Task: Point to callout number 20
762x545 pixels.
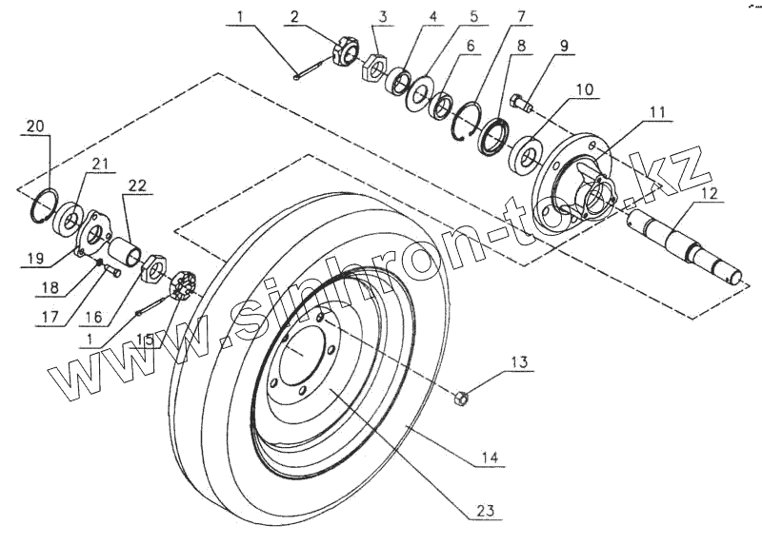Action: pyautogui.click(x=35, y=127)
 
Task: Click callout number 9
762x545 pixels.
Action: pyautogui.click(x=565, y=46)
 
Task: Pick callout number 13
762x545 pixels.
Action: pyautogui.click(x=518, y=362)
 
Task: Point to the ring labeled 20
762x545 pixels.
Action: pyautogui.click(x=45, y=204)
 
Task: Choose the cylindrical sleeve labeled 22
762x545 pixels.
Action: pyautogui.click(x=125, y=255)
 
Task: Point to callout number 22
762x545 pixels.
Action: pyautogui.click(x=137, y=186)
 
